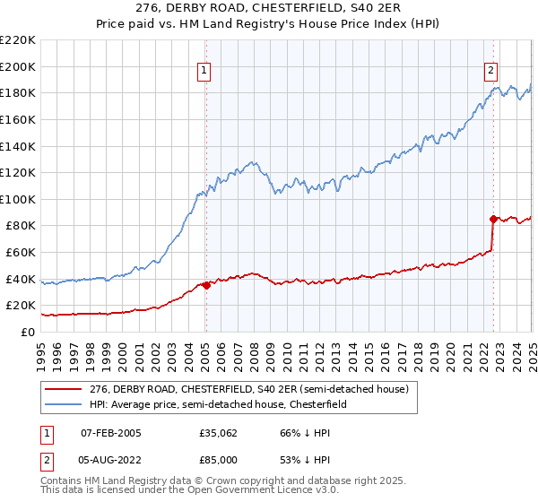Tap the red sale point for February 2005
pos(206,286)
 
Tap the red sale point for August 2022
pos(493,218)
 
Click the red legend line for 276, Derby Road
pos(65,389)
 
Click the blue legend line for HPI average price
pos(65,405)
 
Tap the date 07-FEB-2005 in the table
pos(111,433)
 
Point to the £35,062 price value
pos(219,433)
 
